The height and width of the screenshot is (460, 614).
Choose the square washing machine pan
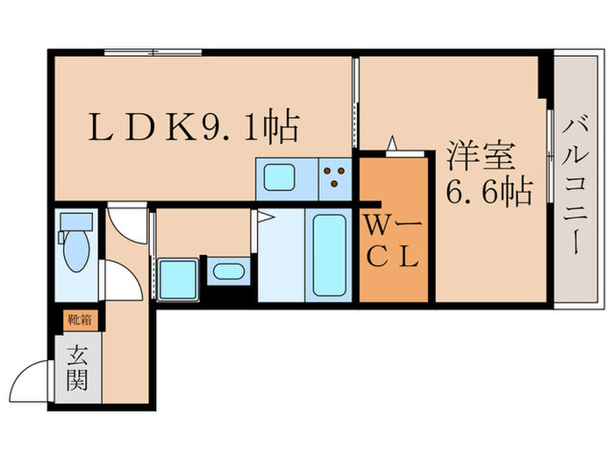coord(177,279)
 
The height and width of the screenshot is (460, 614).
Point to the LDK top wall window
coord(153,53)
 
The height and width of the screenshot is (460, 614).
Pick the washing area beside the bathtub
coord(280,257)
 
